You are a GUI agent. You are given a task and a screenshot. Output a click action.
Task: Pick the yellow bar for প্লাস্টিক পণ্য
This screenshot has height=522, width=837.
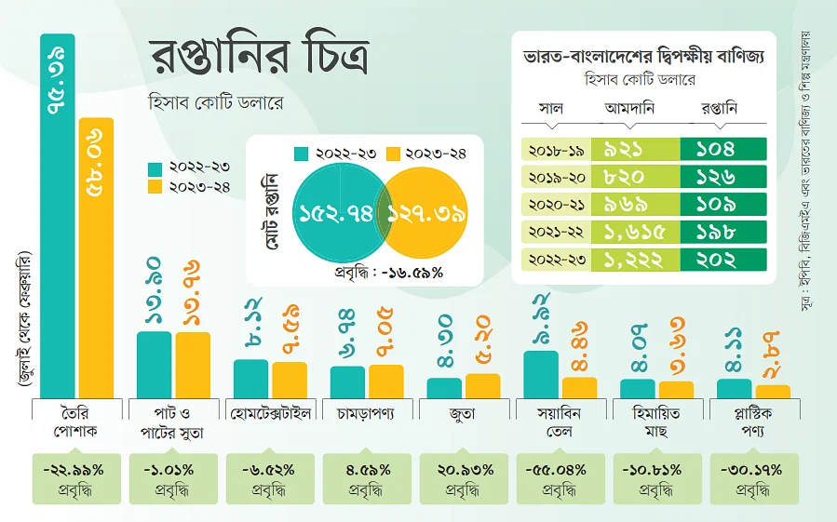tap(773, 391)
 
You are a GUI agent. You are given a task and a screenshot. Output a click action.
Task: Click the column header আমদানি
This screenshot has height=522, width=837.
tap(630, 109)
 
